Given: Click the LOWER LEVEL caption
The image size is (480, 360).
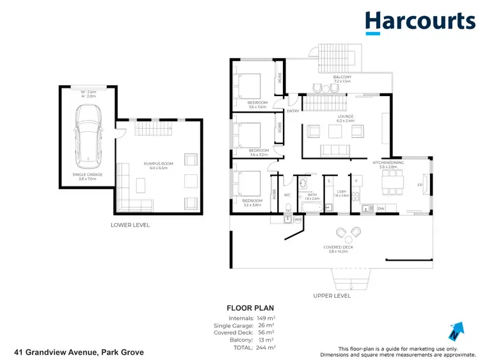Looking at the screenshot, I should (131, 225).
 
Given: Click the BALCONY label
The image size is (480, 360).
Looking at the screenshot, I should (342, 77).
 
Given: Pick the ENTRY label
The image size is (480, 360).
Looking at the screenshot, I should (293, 111).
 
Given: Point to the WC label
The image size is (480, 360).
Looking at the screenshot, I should (287, 195).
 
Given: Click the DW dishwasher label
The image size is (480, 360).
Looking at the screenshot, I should (381, 208).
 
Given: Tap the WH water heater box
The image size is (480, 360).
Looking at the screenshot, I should (297, 219).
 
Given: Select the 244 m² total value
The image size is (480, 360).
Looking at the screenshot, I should (266, 347).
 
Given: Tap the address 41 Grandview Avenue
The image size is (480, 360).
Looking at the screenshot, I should (79, 352).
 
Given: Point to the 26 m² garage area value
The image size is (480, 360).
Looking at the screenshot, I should (266, 325).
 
